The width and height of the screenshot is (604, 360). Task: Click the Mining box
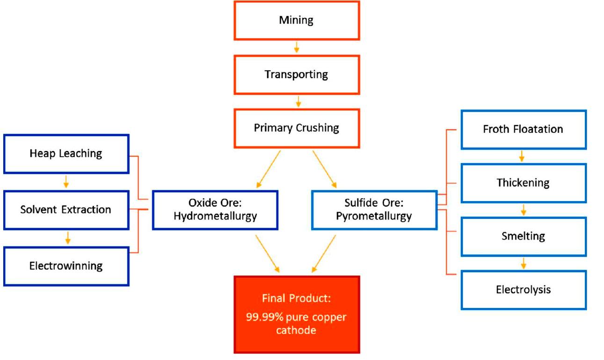(x=297, y=21)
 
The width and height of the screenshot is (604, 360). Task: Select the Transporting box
(x=297, y=74)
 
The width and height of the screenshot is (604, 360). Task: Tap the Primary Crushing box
(x=297, y=128)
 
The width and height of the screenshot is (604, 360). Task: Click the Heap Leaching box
(x=66, y=154)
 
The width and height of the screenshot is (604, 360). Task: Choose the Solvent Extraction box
(x=66, y=209)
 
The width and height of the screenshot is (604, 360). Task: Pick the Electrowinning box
(x=66, y=266)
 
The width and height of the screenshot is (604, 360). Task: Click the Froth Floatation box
(x=523, y=130)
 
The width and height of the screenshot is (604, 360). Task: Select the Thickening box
(x=523, y=183)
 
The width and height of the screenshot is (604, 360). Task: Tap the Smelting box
(x=523, y=236)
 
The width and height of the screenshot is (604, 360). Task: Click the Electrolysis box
(x=523, y=289)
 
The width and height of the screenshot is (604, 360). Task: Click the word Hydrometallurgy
(x=215, y=216)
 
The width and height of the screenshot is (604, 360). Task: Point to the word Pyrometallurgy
(x=374, y=216)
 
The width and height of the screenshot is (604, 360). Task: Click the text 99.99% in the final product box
(x=261, y=317)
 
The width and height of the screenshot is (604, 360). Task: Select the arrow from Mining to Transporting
(x=297, y=47)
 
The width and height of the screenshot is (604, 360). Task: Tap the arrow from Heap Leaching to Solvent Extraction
(x=66, y=181)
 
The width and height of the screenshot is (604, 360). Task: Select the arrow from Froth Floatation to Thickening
(x=522, y=156)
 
